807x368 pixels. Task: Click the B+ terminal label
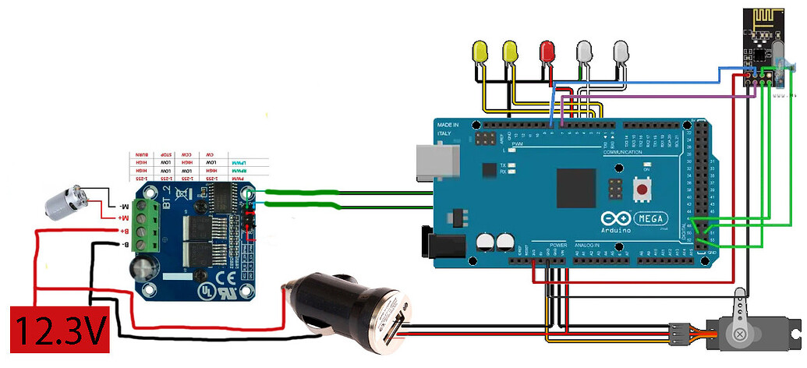click(120, 230)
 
